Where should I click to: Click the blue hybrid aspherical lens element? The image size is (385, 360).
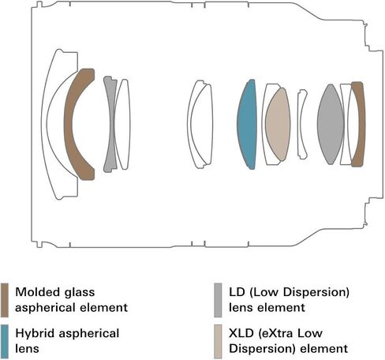coord(247,124)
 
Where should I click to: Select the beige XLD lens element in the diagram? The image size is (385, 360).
coord(278,125)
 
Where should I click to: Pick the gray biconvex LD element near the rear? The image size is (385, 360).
coord(331,124)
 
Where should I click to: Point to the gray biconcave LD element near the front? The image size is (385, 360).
coord(111,124)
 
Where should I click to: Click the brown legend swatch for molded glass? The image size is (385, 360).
coord(5,300)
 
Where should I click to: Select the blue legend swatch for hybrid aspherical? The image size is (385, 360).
coord(5,342)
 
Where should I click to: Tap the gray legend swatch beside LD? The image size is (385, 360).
coord(218,300)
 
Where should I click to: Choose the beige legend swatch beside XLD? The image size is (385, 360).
coord(218,342)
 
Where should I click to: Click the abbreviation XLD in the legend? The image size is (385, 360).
coord(241,333)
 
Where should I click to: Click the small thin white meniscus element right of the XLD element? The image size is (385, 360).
coord(302,124)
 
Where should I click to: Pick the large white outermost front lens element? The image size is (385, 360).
coord(50,124)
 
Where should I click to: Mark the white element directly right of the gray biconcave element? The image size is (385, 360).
coord(123,124)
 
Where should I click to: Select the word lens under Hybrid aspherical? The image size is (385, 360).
coord(27,349)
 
